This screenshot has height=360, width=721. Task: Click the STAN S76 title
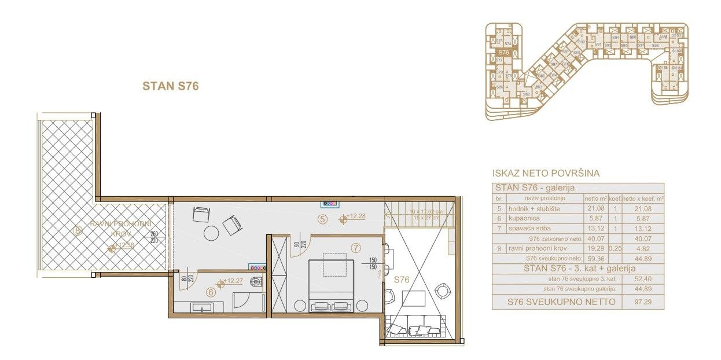coord(171,86)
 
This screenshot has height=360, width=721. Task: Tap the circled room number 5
coord(323,219)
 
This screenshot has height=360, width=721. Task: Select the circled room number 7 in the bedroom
coord(355,248)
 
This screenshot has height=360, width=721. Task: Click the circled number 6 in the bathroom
coord(211,292)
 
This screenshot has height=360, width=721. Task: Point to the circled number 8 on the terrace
coord(78,231)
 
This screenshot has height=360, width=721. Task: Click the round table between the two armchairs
coord(212,233)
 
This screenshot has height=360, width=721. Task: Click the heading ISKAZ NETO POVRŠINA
coord(545,173)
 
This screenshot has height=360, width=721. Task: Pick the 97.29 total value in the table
coord(642,302)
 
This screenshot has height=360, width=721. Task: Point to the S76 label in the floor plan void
coord(402,280)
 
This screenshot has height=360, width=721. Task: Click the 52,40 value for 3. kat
coord(642,279)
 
